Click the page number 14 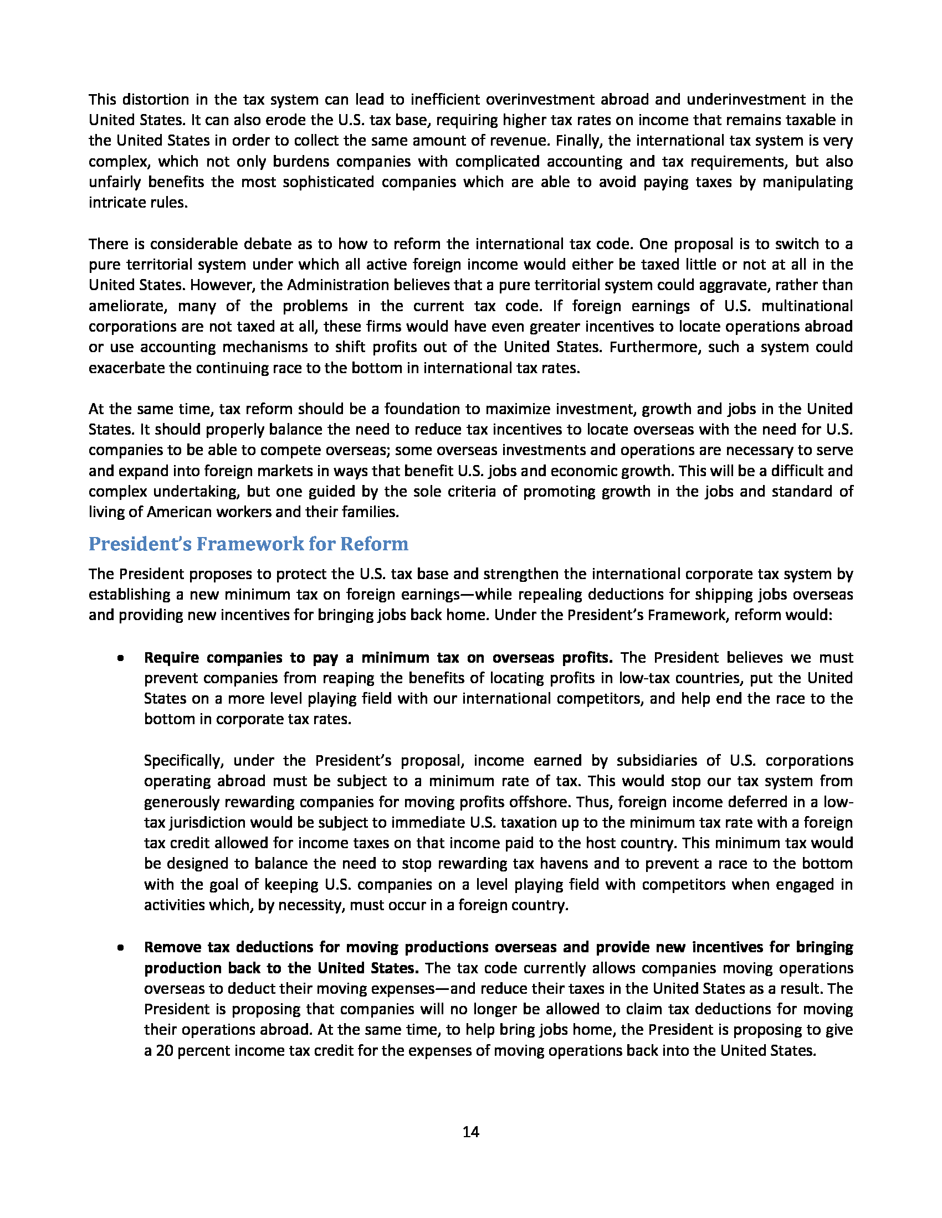[470, 1132]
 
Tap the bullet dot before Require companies [120, 659]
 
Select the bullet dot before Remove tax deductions [120, 948]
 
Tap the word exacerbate [126, 368]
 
